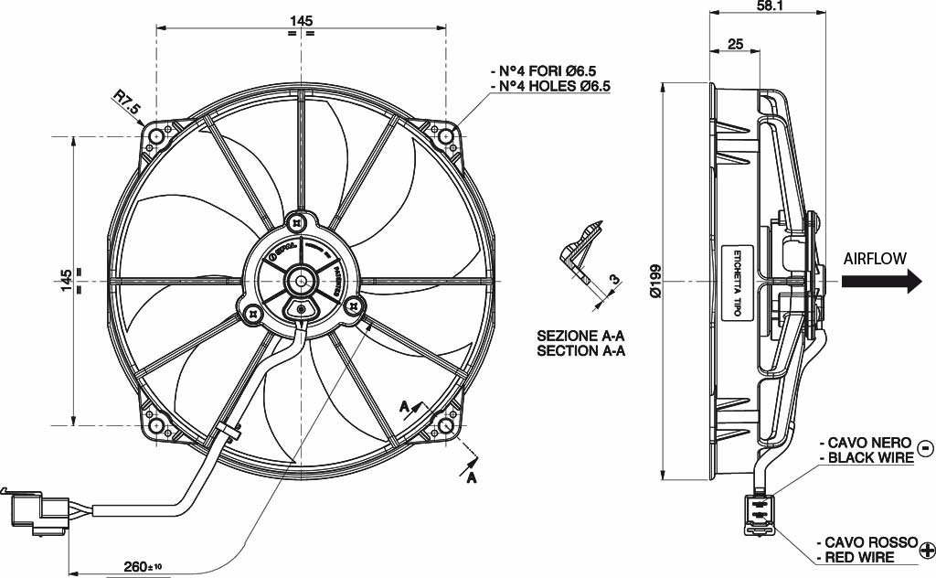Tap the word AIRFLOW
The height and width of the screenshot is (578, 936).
click(875, 258)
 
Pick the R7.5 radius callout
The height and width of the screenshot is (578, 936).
click(127, 102)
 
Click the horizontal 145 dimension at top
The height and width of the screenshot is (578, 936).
click(302, 20)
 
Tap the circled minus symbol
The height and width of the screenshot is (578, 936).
click(925, 448)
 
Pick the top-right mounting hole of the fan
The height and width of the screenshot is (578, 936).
click(446, 137)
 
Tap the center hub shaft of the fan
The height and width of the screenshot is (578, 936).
click(301, 281)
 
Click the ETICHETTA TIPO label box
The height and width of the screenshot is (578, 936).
click(734, 282)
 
